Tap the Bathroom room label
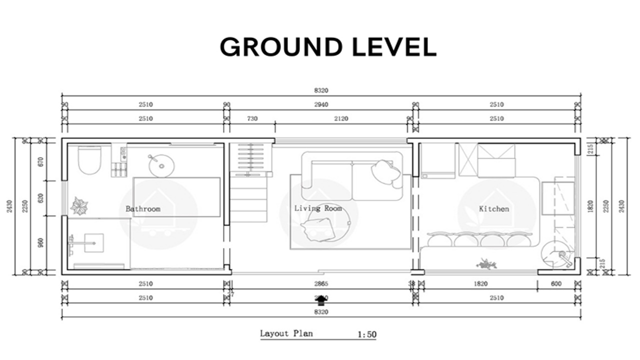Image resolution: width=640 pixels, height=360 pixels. click(143, 209)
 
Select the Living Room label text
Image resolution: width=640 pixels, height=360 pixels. click(318, 208)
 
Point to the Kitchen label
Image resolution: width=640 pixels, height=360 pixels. click(493, 209)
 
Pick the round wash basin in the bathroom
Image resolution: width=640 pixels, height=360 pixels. click(161, 165)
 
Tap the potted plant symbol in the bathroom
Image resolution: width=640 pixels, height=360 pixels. click(79, 205)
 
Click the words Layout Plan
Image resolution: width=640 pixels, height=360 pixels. click(286, 333)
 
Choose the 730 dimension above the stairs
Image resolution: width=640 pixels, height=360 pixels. click(252, 118)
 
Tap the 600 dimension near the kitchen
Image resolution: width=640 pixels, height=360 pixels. click(556, 284)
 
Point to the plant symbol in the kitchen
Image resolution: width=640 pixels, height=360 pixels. click(486, 263)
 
